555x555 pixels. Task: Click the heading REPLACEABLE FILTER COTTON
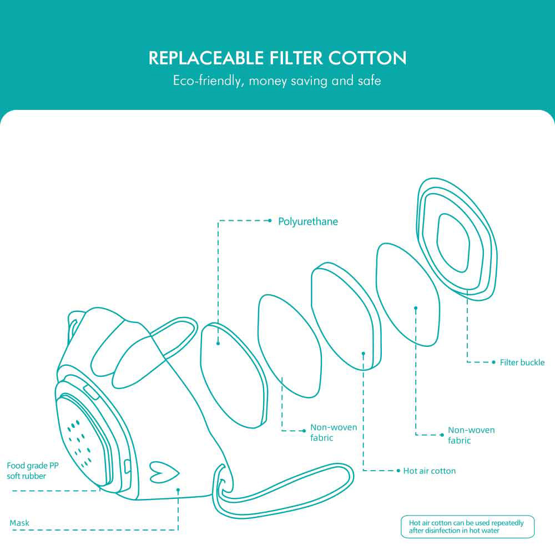277,58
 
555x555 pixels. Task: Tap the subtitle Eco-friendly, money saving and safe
277,80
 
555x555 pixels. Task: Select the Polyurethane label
308,221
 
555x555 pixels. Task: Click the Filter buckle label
522,362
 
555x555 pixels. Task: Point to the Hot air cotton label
429,471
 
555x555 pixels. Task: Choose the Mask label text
19,523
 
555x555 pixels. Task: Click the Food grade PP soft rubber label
32,471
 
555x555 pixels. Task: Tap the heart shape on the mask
165,472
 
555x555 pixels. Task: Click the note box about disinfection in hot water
467,527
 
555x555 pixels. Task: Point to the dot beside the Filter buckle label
493,362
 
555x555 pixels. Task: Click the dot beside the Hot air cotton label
398,471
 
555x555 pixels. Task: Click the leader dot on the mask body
178,490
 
